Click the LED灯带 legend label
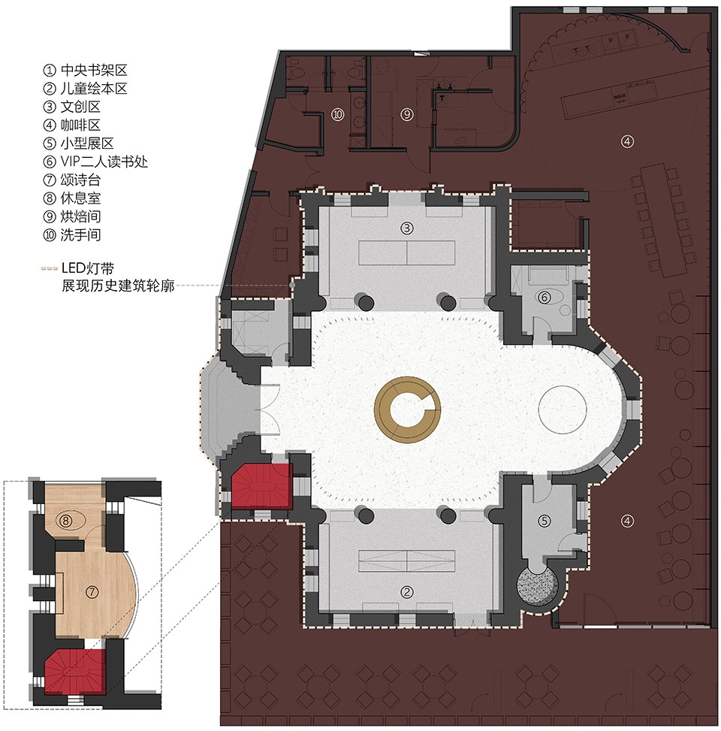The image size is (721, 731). tap(88, 268)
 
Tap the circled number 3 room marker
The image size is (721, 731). tap(407, 228)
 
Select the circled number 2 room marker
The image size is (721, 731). tap(407, 592)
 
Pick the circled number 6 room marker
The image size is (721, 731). tap(545, 297)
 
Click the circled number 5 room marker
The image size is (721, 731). tap(545, 521)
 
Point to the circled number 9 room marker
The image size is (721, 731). tap(407, 114)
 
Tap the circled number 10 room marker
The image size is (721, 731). tap(338, 114)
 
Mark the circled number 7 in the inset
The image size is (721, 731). tap(92, 592)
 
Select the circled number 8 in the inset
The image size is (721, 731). tap(65, 520)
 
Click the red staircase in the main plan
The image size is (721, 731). tap(261, 486)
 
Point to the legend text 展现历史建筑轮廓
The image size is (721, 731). tap(119, 285)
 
